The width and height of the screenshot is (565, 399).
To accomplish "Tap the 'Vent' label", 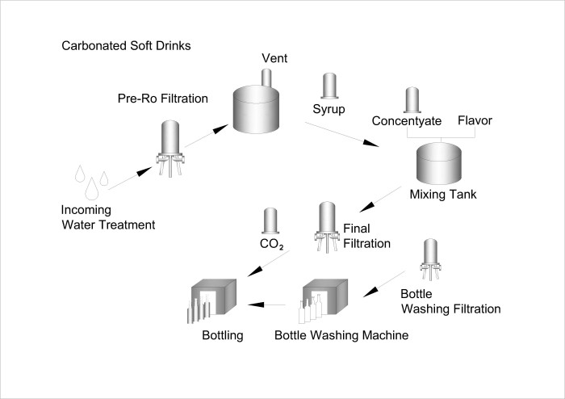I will tap(274, 59).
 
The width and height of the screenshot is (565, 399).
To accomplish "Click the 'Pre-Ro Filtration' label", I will tap(162, 99).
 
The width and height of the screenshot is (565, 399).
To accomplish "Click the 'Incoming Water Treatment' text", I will tap(107, 217).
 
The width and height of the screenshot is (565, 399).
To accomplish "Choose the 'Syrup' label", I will tap(329, 107).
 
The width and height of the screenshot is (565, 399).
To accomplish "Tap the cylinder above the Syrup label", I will tap(329, 86).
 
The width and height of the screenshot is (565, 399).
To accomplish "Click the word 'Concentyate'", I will tap(406, 121).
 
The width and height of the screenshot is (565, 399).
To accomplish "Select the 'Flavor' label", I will tap(474, 121).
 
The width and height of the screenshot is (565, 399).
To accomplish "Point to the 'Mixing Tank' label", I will tap(442, 194).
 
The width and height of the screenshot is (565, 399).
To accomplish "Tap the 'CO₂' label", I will tap(271, 241).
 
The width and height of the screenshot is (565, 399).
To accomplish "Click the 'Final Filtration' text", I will tap(366, 235).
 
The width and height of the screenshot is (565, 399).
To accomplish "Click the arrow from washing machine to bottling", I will tap(268, 305).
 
